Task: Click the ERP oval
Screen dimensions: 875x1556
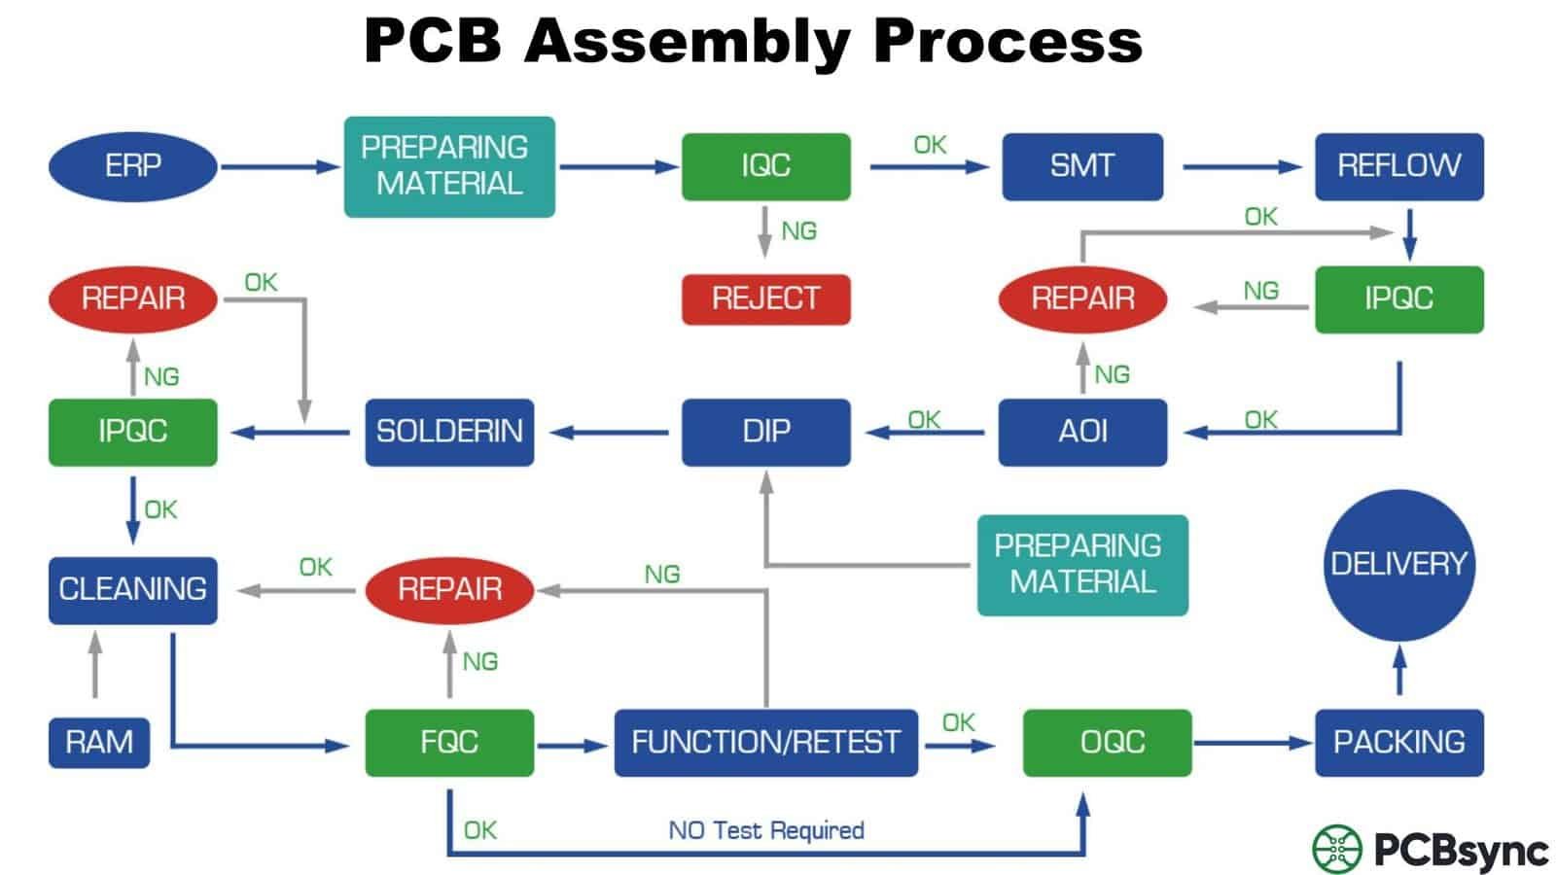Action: tap(132, 166)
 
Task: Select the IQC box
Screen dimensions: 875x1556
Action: tap(765, 166)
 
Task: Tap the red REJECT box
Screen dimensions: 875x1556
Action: tap(765, 298)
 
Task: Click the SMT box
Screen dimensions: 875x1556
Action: tap(1082, 166)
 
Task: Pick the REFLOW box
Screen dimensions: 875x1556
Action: tap(1398, 166)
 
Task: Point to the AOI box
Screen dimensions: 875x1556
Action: tap(1082, 432)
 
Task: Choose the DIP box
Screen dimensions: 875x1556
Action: tap(765, 432)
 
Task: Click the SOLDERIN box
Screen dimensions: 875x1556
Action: tap(449, 432)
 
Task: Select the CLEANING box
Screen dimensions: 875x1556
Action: tap(132, 589)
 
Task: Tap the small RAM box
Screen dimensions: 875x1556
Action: tap(99, 743)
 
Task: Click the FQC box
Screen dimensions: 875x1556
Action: tap(449, 743)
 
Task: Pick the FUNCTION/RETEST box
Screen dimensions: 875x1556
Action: tap(765, 743)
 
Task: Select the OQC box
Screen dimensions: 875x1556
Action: tap(1107, 743)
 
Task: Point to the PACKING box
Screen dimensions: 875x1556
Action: tap(1398, 743)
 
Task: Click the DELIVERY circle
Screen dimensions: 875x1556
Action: tap(1398, 565)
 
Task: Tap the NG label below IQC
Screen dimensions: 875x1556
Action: tap(798, 231)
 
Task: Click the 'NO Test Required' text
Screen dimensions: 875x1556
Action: tap(765, 830)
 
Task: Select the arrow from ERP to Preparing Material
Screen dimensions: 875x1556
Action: tap(280, 166)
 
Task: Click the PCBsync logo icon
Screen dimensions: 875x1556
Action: tap(1337, 849)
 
